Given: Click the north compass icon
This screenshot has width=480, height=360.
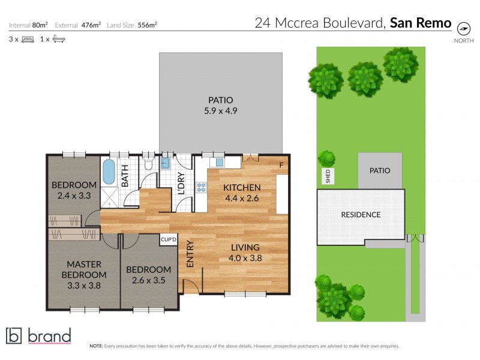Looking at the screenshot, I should pyautogui.click(x=463, y=28).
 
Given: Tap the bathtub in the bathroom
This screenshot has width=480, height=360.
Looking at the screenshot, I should pyautogui.click(x=109, y=172).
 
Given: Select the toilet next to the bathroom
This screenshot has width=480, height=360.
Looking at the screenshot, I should pyautogui.click(x=149, y=164).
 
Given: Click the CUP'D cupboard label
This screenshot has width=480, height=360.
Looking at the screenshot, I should pyautogui.click(x=169, y=240).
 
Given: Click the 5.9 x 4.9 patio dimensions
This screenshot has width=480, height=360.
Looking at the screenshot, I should pyautogui.click(x=220, y=110).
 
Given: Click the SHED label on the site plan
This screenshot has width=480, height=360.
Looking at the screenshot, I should pyautogui.click(x=328, y=176).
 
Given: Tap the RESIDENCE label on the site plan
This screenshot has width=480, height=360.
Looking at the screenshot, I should pyautogui.click(x=361, y=214).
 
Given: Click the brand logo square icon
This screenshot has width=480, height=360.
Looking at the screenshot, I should pyautogui.click(x=13, y=335).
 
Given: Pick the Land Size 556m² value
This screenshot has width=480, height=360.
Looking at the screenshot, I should pyautogui.click(x=148, y=25).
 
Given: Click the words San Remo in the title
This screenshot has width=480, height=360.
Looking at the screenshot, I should pyautogui.click(x=421, y=23).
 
